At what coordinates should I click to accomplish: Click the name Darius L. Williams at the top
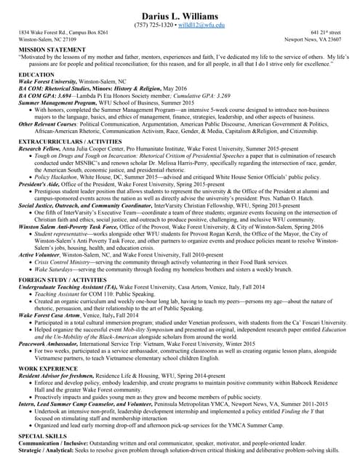[180, 12]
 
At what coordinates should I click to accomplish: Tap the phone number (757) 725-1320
[153, 25]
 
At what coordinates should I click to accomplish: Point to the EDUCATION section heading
[36, 75]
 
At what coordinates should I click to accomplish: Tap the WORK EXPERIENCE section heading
[49, 368]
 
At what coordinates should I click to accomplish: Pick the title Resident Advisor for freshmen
[61, 376]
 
